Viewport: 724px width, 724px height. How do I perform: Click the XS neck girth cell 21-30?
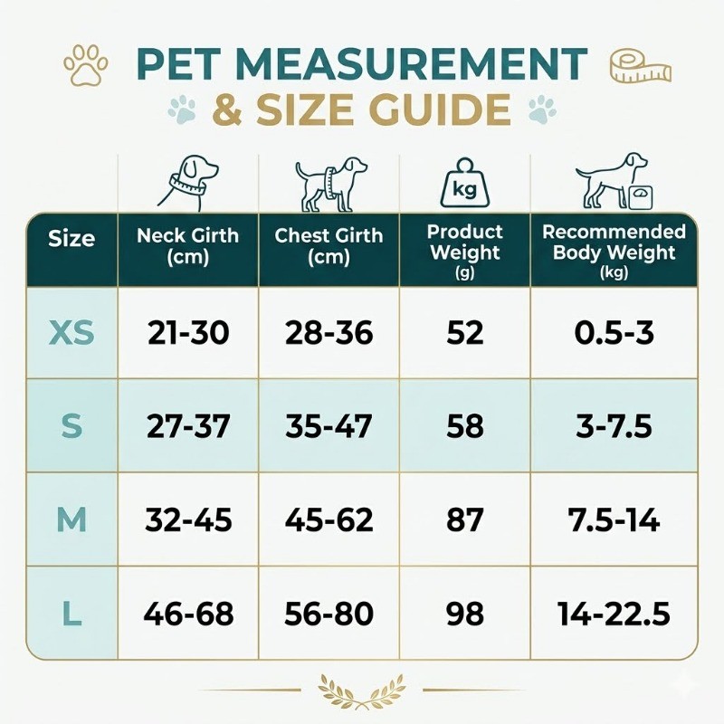188,333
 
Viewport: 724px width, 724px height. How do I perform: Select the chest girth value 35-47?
329,425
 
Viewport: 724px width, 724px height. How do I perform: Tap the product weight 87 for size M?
465,519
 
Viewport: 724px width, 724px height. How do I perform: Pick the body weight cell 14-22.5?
614,614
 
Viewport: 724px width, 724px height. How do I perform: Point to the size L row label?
71,614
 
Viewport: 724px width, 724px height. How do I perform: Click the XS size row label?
71,333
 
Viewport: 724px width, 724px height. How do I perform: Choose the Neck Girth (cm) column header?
188,246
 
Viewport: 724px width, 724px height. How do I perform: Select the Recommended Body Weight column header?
614,252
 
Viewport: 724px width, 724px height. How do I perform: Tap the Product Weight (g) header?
465,252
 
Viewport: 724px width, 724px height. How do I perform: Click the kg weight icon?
464,184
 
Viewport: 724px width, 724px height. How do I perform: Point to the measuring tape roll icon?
640,66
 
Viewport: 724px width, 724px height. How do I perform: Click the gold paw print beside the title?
86,65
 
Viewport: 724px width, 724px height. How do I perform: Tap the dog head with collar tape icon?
188,182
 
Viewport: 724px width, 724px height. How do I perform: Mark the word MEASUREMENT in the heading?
411,64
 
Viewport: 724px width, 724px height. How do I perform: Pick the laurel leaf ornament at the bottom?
362,691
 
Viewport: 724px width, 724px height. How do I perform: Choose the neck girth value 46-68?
188,614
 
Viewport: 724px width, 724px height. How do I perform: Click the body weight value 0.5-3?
614,333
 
